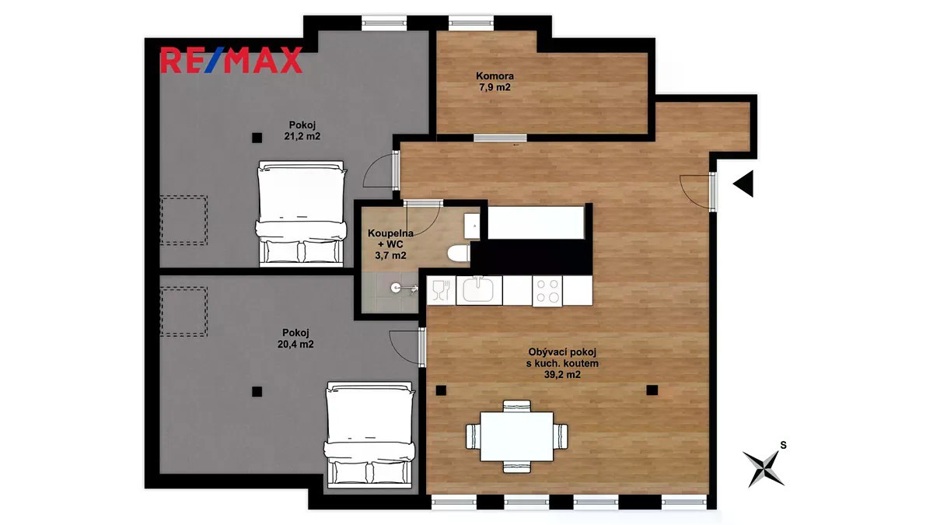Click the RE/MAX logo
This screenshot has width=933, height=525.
point(231,60)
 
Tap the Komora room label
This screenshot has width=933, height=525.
point(494,76)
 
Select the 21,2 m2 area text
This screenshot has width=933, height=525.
point(302,136)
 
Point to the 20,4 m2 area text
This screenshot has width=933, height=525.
point(295,344)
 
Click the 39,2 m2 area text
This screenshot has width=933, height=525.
point(562,375)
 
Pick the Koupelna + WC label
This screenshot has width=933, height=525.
point(390,239)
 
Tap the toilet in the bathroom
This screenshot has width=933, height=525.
point(459,254)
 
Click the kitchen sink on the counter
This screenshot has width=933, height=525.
point(479,289)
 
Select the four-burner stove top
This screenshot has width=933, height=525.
point(547,291)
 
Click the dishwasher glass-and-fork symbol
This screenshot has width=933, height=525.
point(441,290)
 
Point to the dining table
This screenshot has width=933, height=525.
point(517,436)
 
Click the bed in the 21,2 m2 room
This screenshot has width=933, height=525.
point(301,214)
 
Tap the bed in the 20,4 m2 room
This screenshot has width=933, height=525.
point(370,435)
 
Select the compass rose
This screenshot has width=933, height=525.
point(763,468)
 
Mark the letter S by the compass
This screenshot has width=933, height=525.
point(783,446)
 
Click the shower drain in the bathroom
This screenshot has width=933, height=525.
point(394,288)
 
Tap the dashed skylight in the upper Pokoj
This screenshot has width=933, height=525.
point(183,220)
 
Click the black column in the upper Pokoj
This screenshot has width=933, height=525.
point(257,138)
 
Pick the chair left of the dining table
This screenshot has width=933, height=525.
point(473,436)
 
